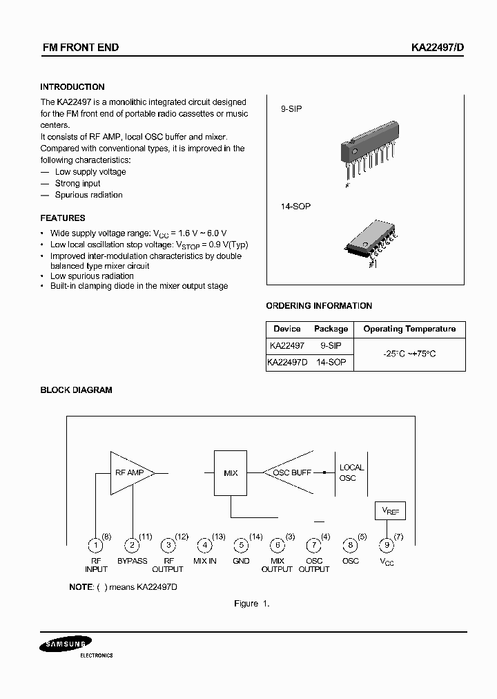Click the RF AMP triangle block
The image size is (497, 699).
click(129, 473)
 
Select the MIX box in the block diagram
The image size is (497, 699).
click(231, 473)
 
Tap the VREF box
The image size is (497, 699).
click(390, 512)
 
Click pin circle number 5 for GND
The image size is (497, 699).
click(241, 545)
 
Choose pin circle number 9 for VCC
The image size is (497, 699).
click(387, 545)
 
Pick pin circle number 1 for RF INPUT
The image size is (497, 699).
click(95, 545)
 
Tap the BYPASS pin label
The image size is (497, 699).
click(132, 561)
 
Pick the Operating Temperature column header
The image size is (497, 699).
click(409, 329)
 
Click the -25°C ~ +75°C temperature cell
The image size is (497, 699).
click(409, 354)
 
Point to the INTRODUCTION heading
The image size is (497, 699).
click(72, 87)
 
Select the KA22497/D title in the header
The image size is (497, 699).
click(428, 48)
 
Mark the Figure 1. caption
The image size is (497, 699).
click(251, 604)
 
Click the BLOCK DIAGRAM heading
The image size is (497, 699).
click(76, 390)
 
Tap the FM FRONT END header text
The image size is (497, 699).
click(81, 48)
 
